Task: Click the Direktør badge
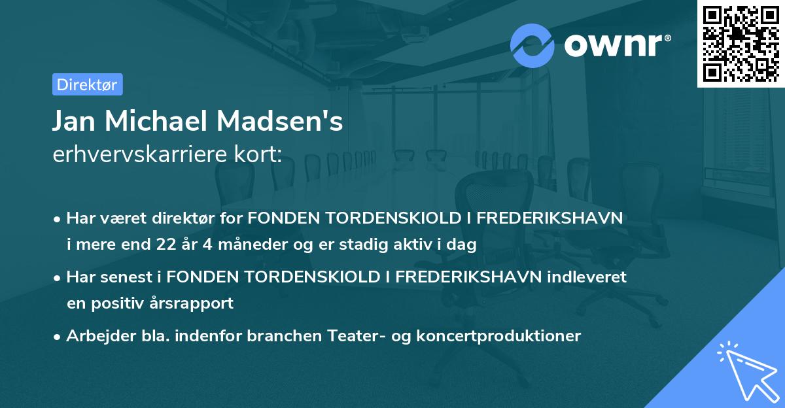pyautogui.click(x=87, y=84)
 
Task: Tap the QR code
pyautogui.click(x=739, y=44)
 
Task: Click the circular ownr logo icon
pyautogui.click(x=532, y=45)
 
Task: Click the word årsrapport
pyautogui.click(x=197, y=303)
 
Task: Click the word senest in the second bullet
pyautogui.click(x=125, y=277)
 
